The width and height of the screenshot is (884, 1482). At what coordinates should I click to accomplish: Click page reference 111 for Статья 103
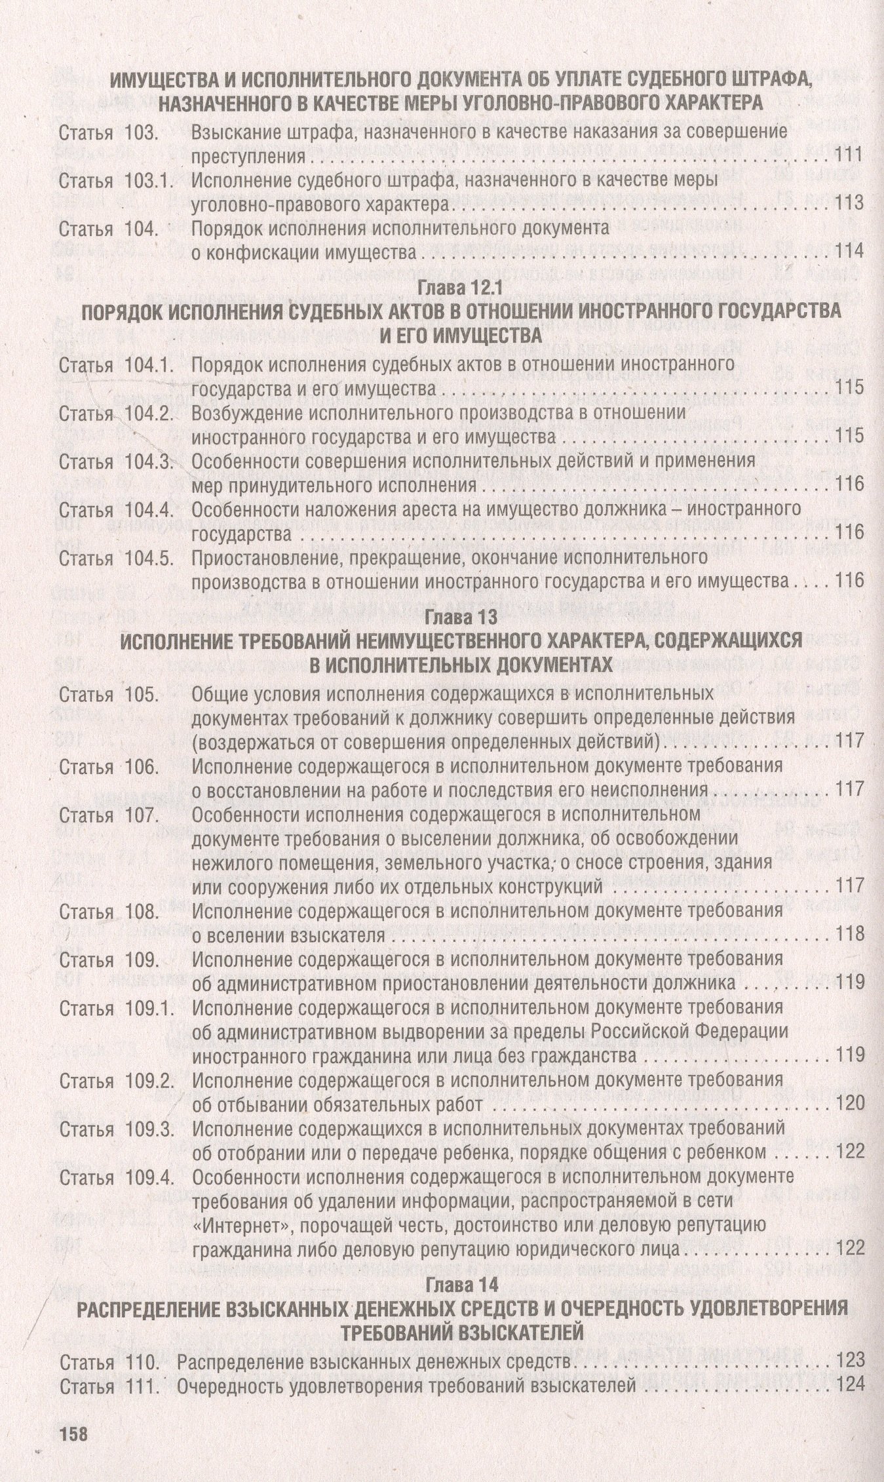(x=850, y=157)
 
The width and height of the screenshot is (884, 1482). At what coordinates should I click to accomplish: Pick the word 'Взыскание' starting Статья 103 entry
(x=235, y=132)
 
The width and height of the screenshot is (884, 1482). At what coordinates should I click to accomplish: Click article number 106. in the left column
(x=140, y=766)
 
